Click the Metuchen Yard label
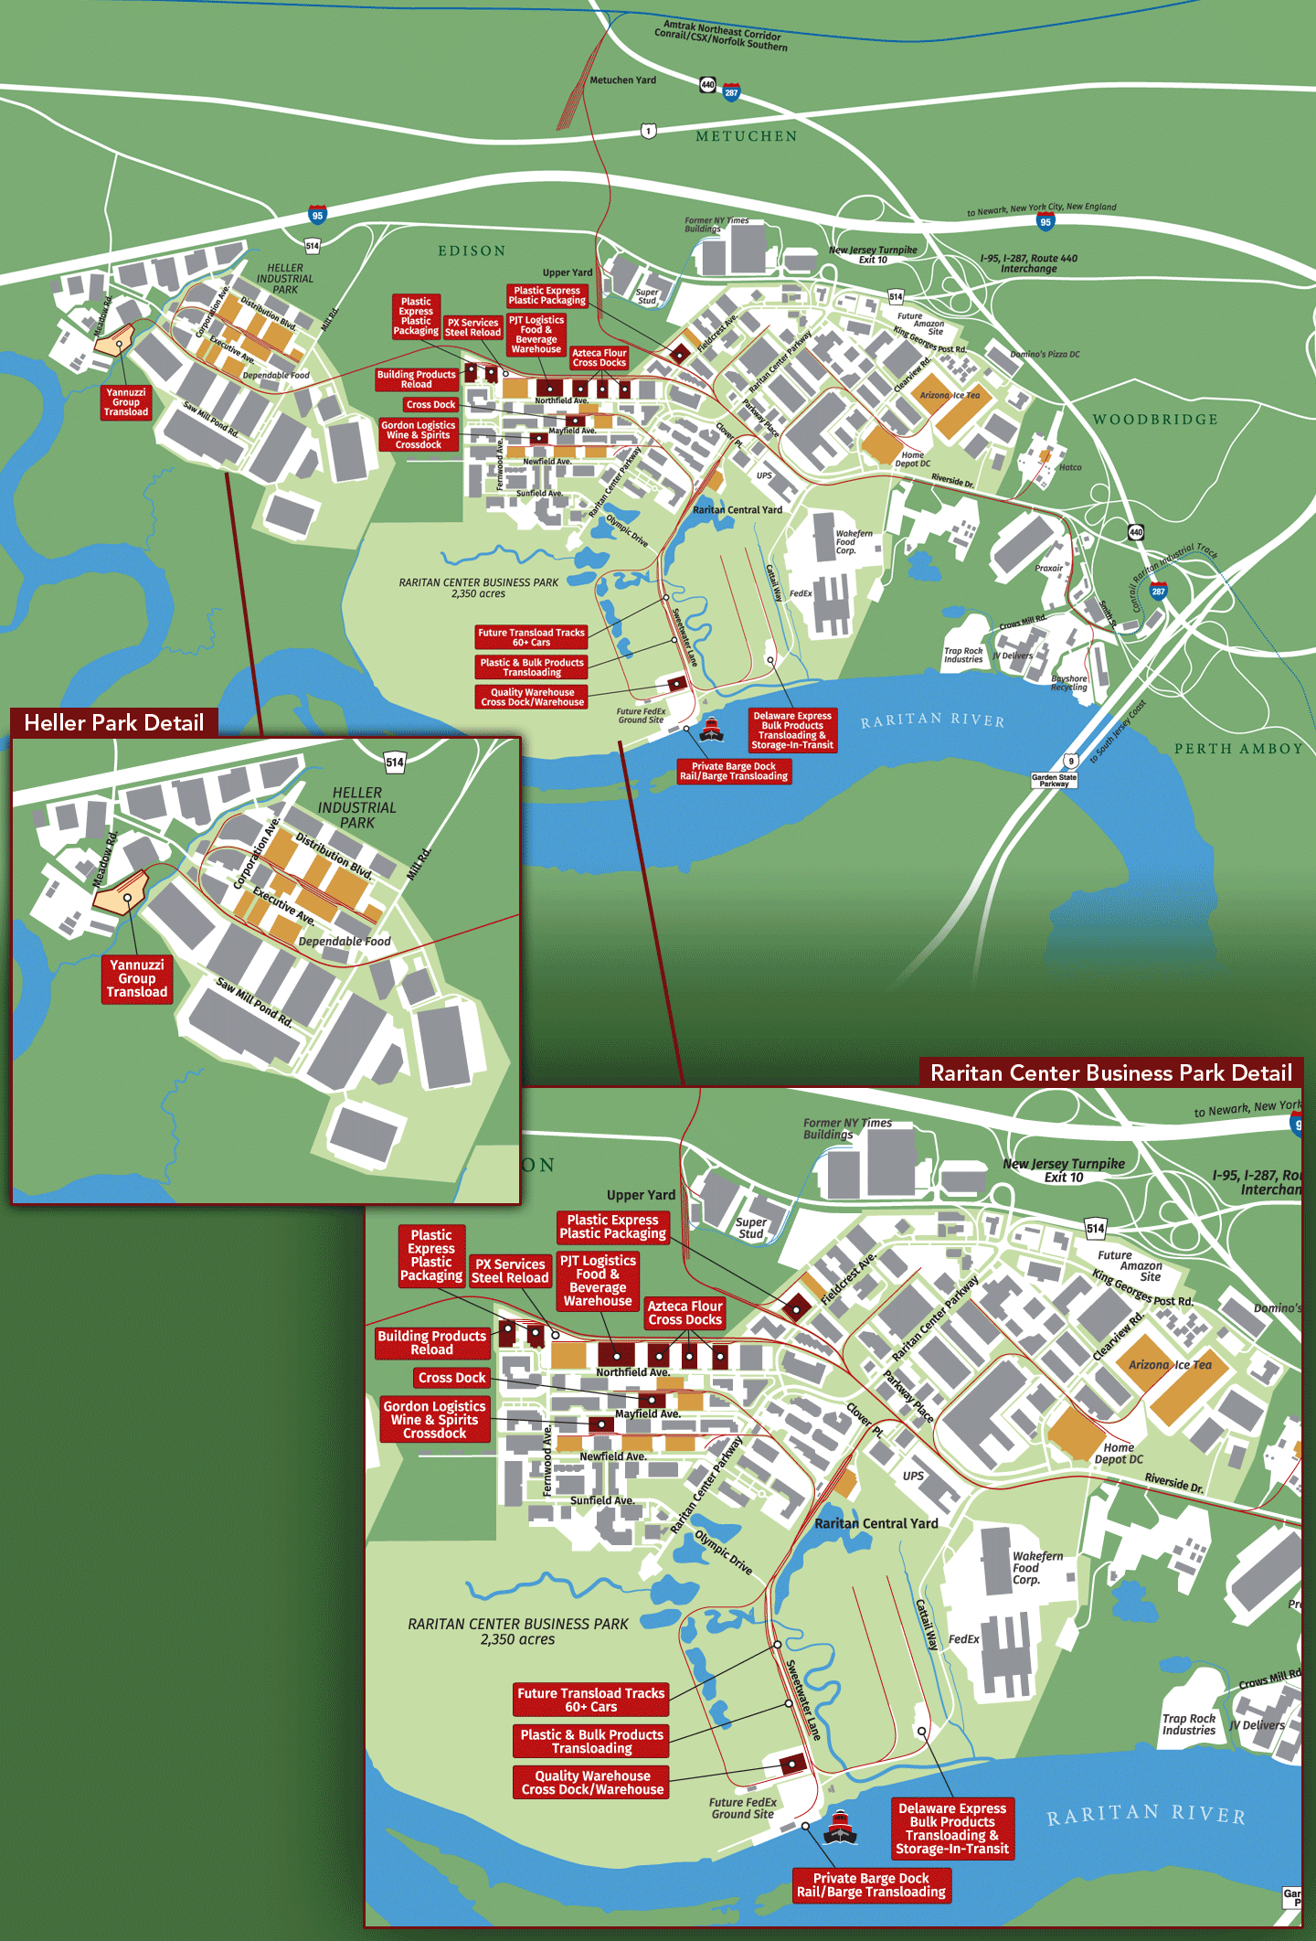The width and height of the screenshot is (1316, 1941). click(622, 80)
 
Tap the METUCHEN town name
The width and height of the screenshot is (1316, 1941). click(746, 136)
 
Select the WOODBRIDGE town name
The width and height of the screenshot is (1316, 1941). click(1155, 420)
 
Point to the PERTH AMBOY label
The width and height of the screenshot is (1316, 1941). click(1238, 749)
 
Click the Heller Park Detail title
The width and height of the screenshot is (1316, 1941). click(114, 723)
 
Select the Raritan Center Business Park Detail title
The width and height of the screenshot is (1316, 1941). click(1110, 1072)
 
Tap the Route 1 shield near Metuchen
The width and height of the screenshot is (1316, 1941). click(648, 131)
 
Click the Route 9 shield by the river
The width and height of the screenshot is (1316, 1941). click(1070, 760)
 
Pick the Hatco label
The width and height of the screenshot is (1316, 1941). click(1070, 467)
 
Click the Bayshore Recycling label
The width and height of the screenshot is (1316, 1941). click(1069, 683)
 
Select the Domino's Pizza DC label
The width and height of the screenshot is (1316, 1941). click(1045, 355)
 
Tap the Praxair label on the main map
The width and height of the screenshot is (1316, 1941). click(1048, 568)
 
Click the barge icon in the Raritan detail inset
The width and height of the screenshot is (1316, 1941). click(840, 1827)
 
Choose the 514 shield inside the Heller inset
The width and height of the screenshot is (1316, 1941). click(395, 762)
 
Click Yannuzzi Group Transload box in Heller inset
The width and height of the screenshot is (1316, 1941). click(137, 978)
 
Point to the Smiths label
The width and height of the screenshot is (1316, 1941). click(1108, 612)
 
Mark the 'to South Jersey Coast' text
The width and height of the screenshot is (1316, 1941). click(1117, 732)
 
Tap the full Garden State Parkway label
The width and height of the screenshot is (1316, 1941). click(1054, 780)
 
